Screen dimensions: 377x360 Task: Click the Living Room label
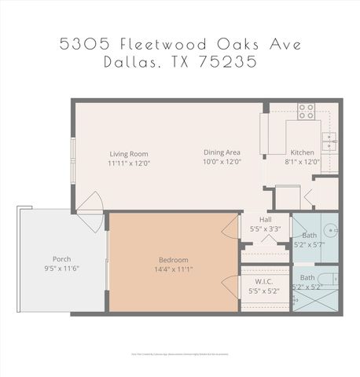click(129, 154)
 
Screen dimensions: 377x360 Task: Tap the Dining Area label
click(222, 152)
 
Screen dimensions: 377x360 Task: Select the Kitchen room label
click(302, 152)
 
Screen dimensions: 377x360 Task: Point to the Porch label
click(62, 258)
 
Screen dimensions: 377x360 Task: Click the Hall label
click(265, 220)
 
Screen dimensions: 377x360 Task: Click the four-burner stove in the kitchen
click(306, 112)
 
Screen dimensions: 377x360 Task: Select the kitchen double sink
click(332, 141)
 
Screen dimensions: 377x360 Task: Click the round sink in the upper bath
click(330, 232)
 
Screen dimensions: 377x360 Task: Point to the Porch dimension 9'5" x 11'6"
click(62, 268)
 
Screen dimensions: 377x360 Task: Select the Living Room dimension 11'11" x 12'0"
click(129, 163)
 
